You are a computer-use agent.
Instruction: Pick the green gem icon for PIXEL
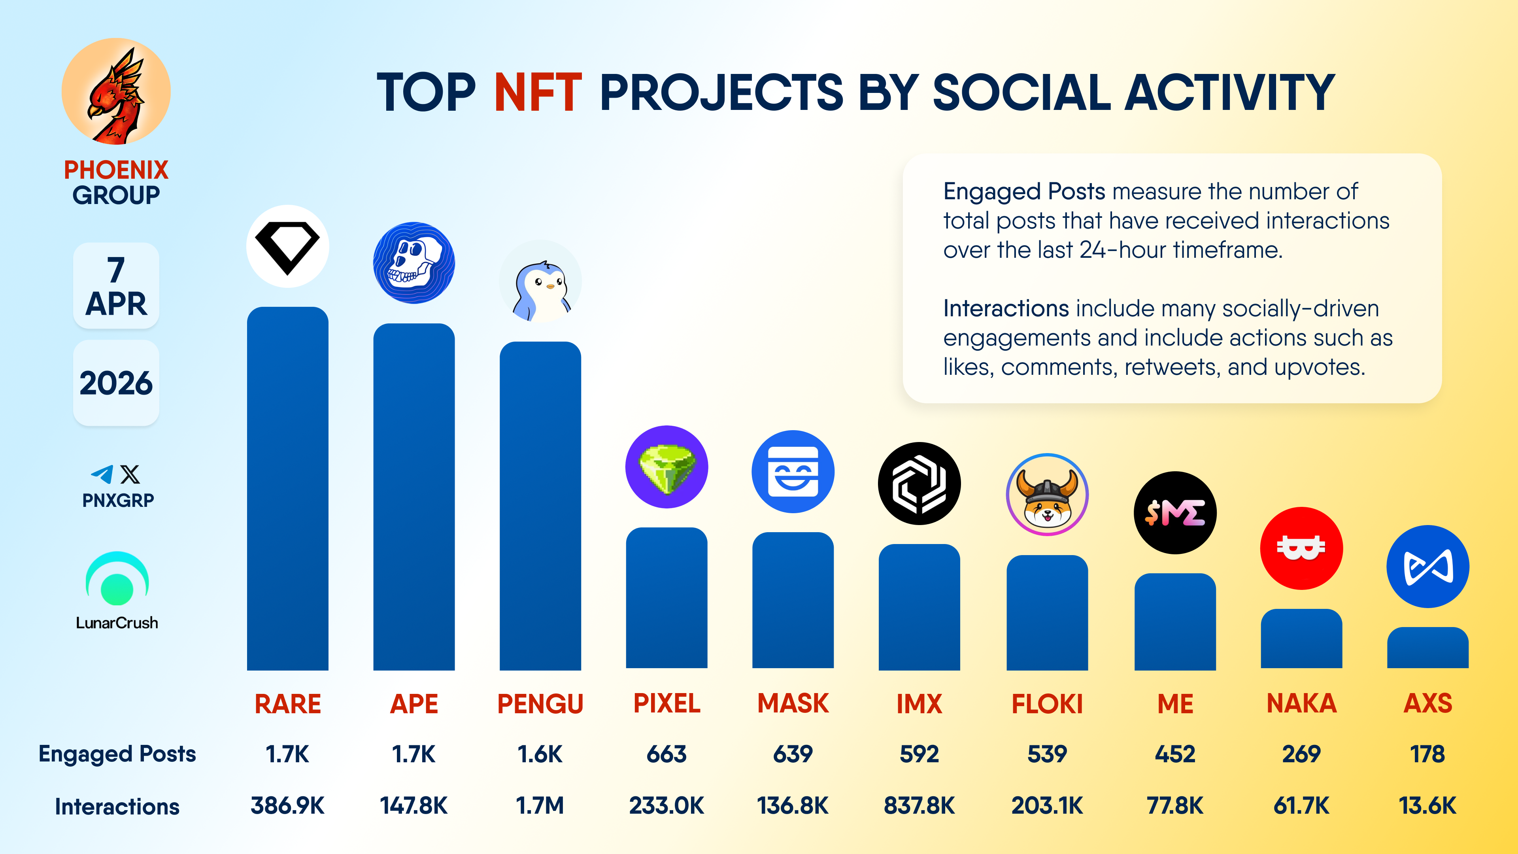666,467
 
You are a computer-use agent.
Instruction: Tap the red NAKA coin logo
1301,548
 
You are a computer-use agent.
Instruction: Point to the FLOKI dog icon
1046,495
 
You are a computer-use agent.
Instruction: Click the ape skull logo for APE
413,263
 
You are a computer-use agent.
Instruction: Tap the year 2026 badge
116,383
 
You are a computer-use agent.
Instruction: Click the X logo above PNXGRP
130,474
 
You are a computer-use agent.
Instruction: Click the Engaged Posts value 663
666,754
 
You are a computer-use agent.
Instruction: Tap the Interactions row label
117,806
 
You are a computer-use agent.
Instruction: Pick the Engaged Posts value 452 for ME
1174,754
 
